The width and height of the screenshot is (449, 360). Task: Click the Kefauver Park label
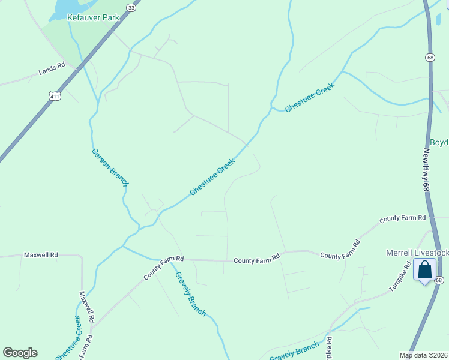[93, 18]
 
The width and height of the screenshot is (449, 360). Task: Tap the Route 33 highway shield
[131, 6]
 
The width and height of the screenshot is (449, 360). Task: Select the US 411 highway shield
[55, 96]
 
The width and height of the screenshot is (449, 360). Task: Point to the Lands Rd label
[52, 70]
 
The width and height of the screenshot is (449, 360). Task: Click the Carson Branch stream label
[110, 167]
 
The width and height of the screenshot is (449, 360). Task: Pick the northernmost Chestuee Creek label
[309, 97]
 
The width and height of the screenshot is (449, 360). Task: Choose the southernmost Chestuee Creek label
[68, 338]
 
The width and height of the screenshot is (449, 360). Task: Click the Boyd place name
[439, 143]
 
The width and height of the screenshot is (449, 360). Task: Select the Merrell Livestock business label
[417, 253]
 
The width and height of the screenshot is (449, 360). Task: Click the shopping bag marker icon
[425, 269]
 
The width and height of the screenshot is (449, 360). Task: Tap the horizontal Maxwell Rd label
[41, 255]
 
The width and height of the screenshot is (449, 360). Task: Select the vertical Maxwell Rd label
[87, 308]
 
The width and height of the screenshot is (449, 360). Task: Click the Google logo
[20, 353]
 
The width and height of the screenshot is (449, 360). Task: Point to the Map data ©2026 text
[424, 355]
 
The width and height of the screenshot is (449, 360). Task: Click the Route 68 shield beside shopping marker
[440, 280]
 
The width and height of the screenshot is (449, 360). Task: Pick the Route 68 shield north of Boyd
[430, 58]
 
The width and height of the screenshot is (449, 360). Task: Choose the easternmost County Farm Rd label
[403, 217]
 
